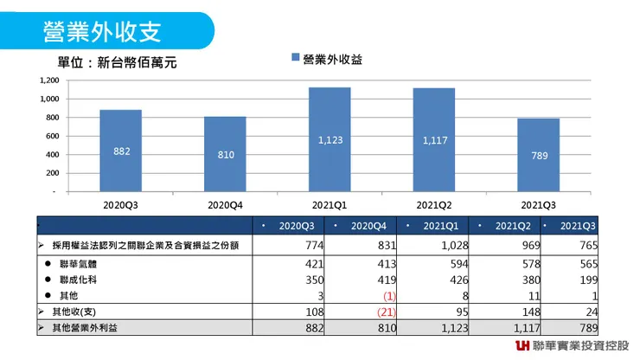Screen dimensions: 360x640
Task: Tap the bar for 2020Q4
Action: point(225,154)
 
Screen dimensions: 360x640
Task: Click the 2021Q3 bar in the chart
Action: point(539,155)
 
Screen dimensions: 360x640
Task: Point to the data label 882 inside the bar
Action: point(121,151)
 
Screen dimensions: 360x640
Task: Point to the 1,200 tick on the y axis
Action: point(48,80)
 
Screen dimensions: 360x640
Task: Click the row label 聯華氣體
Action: point(75,264)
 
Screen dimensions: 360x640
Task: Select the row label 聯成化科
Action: point(75,280)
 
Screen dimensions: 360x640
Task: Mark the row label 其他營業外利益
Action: point(86,328)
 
